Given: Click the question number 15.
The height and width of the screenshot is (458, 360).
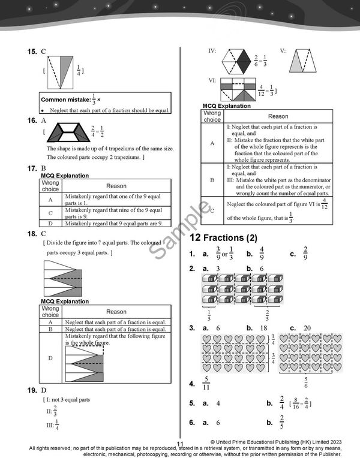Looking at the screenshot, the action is (32, 52).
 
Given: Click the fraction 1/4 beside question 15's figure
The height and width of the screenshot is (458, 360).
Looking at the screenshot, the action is (79, 70).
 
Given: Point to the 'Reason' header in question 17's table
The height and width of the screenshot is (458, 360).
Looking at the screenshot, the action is (116, 186).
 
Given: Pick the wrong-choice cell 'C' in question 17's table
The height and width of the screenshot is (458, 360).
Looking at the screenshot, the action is (50, 213).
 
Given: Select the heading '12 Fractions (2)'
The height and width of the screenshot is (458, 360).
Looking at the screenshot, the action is (223, 238).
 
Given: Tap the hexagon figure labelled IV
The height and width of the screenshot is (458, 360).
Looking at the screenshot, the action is (236, 61).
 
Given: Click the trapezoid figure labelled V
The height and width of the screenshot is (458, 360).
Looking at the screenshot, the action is (302, 61).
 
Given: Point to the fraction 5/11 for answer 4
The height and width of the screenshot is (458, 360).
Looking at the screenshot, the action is (206, 383).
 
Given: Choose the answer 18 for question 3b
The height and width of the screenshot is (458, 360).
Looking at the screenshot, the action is (264, 328).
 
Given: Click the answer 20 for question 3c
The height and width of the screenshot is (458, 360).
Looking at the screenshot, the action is (307, 328).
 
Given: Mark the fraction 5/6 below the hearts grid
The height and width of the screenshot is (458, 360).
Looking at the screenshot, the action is (306, 382).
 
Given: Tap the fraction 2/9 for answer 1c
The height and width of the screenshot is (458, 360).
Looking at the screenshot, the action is (305, 253).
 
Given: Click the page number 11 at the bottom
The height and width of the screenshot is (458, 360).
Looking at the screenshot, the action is (180, 444).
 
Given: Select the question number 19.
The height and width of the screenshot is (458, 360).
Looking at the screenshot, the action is (32, 390).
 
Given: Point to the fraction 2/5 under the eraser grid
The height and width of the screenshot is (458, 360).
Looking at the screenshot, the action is (267, 316).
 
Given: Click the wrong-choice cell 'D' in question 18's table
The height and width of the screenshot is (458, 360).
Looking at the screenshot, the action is (50, 358).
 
